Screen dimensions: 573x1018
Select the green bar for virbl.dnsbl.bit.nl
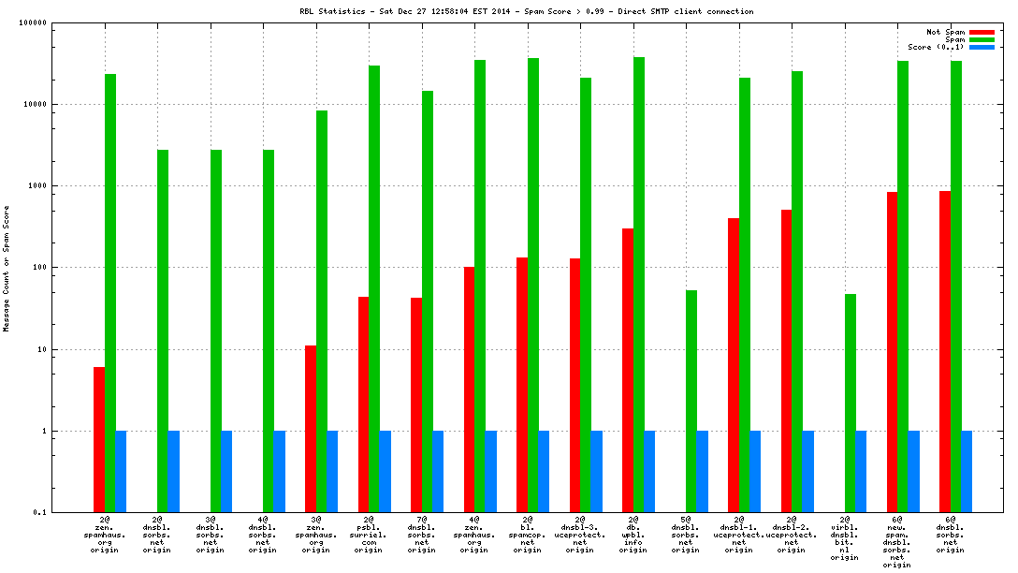[850, 403]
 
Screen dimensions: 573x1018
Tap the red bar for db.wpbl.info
[628, 370]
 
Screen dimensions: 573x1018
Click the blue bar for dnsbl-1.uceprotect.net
[755, 472]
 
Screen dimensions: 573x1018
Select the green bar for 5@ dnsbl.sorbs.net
[691, 401]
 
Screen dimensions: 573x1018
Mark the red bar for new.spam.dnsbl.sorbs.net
[892, 352]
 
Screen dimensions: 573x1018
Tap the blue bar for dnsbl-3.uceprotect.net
[597, 472]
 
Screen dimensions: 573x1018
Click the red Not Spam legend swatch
[982, 32]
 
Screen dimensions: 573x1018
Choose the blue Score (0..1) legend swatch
[982, 47]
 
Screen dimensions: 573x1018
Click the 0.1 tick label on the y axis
[37, 513]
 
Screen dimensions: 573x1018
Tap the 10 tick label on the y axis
[40, 350]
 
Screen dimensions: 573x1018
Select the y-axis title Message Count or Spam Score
[7, 268]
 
